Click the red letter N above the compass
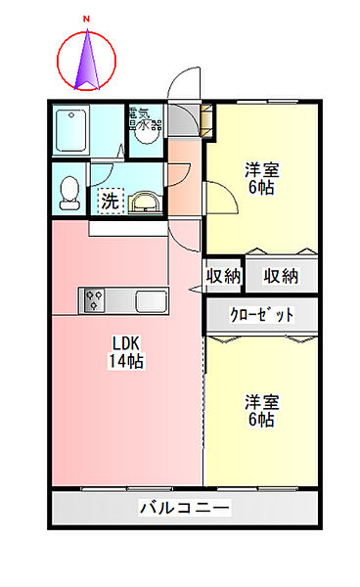87,19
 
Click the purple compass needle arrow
87,60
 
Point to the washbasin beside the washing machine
144,203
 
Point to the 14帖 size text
126,361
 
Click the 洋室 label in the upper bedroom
260,168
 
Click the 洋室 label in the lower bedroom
261,402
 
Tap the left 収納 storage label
224,276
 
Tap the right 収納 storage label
281,276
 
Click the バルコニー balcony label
184,508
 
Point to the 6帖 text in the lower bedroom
261,420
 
